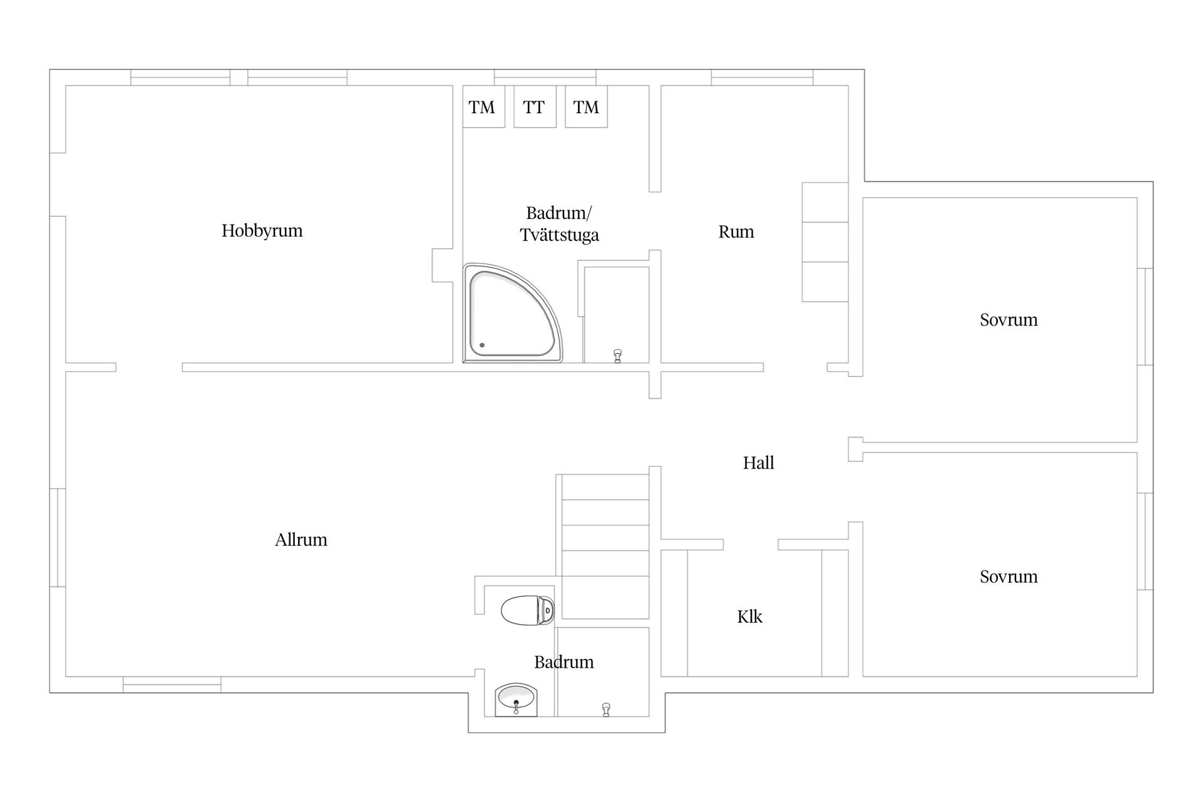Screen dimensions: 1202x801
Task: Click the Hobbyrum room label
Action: [262, 231]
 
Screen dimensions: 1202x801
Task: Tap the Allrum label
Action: [301, 539]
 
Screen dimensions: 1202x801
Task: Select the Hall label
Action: [759, 462]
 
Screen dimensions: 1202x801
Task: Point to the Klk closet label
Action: [749, 616]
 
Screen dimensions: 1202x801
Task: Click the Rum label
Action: [736, 232]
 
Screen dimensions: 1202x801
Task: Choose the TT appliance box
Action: [535, 107]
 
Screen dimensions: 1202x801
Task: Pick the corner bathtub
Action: [513, 313]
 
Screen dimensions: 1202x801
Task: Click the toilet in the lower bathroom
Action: [528, 610]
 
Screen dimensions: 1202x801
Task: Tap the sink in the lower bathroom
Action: [516, 700]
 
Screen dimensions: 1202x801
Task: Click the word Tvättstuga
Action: [560, 235]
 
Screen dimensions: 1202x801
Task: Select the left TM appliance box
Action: [483, 107]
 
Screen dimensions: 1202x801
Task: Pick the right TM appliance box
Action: [586, 107]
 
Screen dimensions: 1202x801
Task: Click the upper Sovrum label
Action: [1009, 320]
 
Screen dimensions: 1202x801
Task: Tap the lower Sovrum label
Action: [1009, 576]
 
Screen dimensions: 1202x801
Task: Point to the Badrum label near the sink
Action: [563, 661]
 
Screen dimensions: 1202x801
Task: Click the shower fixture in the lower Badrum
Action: [605, 710]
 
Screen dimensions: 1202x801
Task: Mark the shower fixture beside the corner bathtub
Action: [618, 356]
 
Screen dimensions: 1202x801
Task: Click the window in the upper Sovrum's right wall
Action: [1145, 317]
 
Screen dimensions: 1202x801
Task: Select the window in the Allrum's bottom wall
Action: [172, 685]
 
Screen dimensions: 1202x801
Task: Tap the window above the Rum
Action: [762, 78]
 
